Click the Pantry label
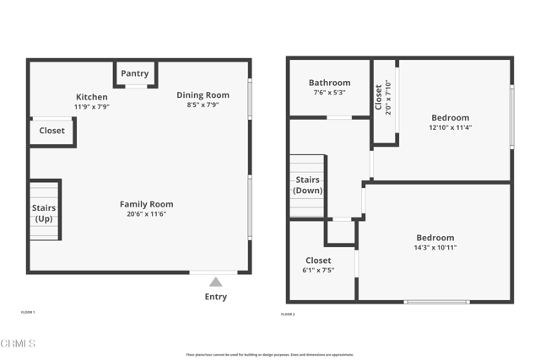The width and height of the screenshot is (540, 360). tap(135, 74)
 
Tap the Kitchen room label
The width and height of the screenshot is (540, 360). tap(92, 97)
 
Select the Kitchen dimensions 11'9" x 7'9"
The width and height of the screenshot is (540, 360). tap(92, 107)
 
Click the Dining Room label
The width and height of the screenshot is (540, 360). tap(202, 95)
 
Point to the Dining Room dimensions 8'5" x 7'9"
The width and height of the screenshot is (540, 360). tap(202, 105)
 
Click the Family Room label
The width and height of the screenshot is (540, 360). tap(146, 204)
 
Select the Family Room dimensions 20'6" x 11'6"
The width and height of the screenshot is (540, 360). tap(146, 214)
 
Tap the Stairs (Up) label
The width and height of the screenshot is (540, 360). tap(44, 213)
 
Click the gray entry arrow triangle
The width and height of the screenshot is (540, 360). tap(216, 282)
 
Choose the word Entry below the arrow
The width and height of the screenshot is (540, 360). tap(216, 297)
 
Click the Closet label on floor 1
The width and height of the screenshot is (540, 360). tap(51, 131)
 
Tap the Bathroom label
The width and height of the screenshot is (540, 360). tap(329, 83)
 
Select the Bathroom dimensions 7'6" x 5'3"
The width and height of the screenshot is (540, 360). tap(329, 93)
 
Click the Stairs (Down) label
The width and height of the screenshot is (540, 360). tap(307, 185)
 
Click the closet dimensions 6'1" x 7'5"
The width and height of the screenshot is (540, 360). tap(318, 271)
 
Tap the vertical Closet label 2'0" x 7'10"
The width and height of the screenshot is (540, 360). tap(382, 96)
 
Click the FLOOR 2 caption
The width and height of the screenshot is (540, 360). tap(288, 314)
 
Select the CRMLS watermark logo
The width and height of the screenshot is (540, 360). tap(19, 344)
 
